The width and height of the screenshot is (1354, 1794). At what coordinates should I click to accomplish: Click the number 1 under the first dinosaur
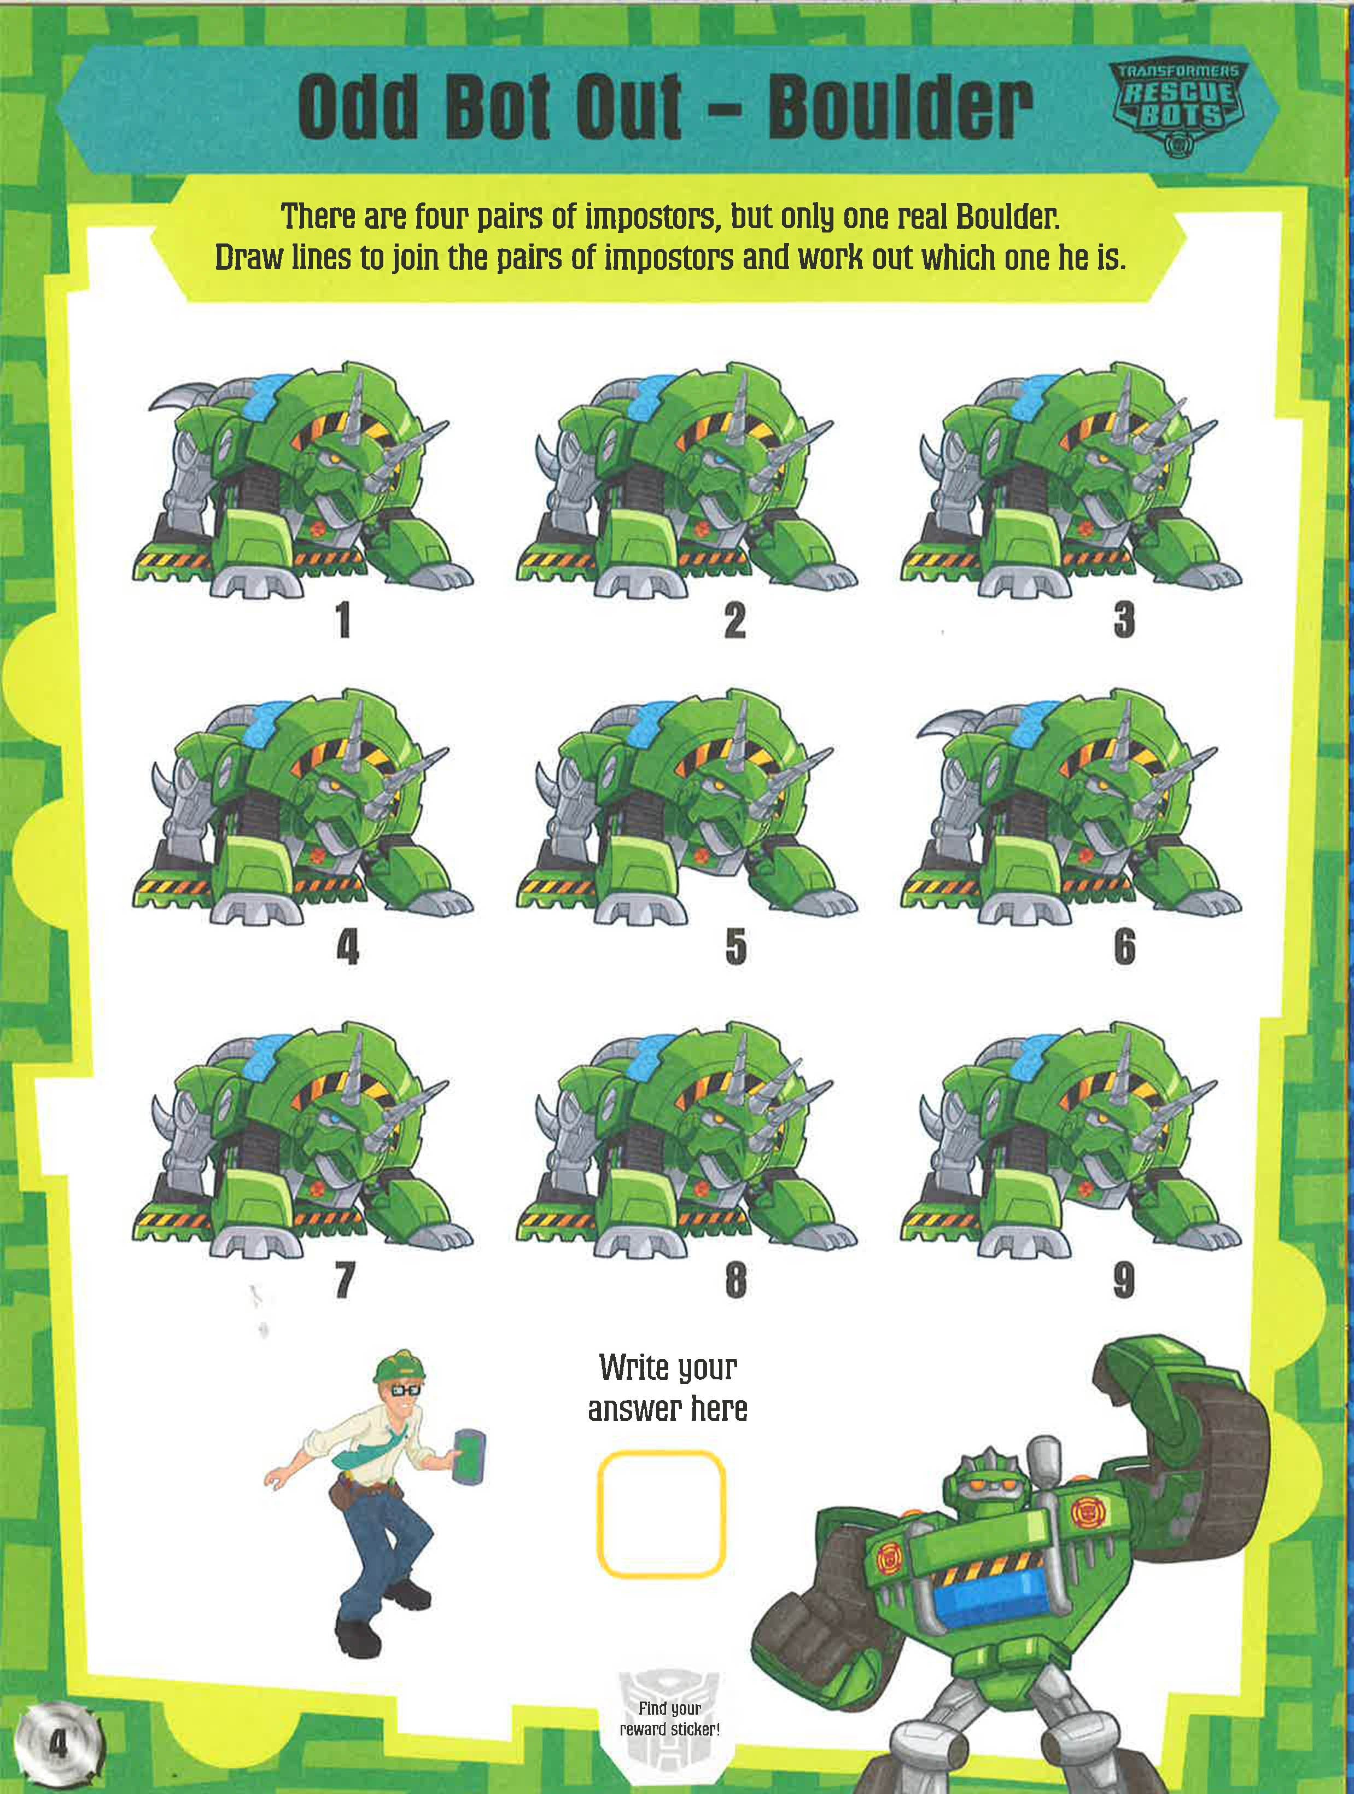(344, 621)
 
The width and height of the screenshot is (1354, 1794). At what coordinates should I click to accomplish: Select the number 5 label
(736, 947)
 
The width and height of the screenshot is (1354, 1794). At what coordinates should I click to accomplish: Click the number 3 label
(1124, 621)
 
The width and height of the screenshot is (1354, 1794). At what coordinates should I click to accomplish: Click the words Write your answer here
(667, 1387)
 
